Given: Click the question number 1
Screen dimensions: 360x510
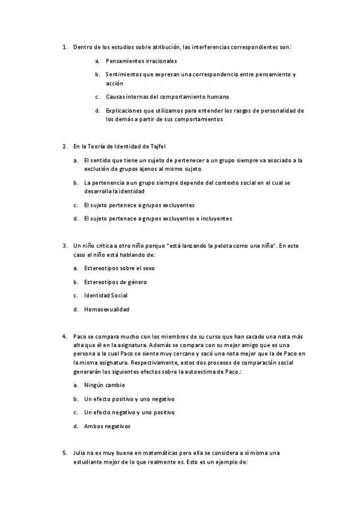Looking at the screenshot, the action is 64,46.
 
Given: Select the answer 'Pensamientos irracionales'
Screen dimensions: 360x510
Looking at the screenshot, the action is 141,61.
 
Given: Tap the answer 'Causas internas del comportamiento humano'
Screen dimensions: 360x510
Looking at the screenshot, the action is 167,97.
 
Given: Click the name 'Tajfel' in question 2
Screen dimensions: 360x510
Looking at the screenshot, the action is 156,146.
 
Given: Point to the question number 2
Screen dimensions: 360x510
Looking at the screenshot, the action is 64,146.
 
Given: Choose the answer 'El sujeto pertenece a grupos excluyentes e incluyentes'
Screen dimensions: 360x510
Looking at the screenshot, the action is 157,219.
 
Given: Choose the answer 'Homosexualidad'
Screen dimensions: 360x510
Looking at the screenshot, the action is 106,310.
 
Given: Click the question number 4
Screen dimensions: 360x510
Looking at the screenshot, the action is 64,336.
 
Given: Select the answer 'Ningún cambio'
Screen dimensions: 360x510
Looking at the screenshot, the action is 105,385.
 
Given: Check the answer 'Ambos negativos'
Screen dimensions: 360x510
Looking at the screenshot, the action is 108,426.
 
